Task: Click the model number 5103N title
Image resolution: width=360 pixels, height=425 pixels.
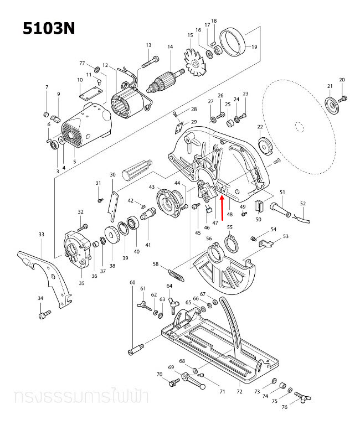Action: [x=48, y=28]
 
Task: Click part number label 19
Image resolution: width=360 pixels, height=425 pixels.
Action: [x=254, y=47]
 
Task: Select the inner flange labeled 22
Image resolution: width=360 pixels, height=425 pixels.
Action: [x=264, y=146]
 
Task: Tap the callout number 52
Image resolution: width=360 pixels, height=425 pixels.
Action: [x=302, y=203]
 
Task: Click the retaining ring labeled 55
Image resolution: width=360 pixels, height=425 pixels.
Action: [x=232, y=242]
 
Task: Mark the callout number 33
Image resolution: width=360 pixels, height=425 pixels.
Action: [x=41, y=235]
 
